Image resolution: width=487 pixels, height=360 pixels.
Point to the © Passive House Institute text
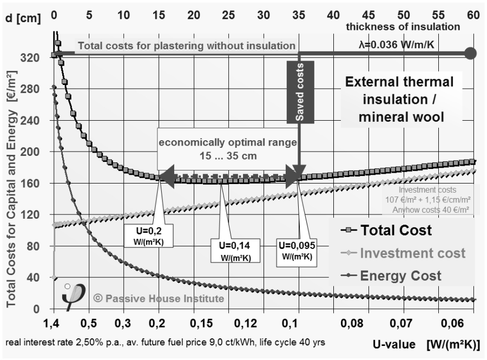pyautogui.click(x=158, y=298)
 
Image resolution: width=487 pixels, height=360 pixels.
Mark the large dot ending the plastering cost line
pyautogui.click(x=470, y=54)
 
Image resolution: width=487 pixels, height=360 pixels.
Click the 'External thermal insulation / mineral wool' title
pyautogui.click(x=399, y=99)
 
